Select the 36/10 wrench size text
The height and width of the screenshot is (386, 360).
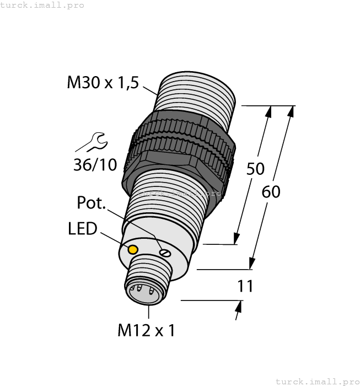95,164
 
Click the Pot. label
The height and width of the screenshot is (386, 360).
91,203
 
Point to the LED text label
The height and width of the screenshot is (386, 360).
83,228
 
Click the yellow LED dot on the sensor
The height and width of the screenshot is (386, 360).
133,249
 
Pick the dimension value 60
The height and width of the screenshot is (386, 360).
271,192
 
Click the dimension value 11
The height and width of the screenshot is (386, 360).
245,286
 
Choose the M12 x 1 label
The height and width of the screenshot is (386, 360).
146,330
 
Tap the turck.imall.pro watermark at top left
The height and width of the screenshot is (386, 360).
42,5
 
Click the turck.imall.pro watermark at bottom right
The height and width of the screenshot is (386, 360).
316,381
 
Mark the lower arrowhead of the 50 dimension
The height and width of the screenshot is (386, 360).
237,238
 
